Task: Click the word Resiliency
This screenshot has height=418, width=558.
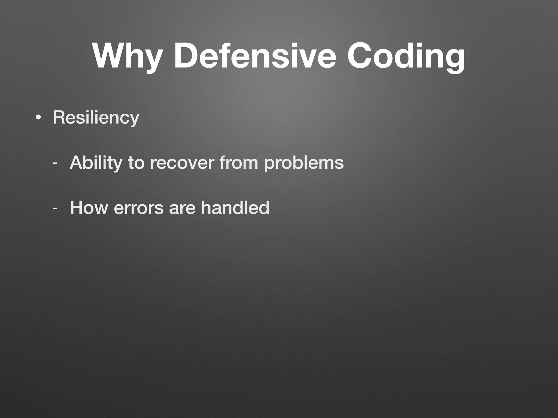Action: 96,118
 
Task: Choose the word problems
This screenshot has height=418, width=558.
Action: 304,163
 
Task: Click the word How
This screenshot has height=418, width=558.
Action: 89,208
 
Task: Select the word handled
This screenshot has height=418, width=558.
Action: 235,208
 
